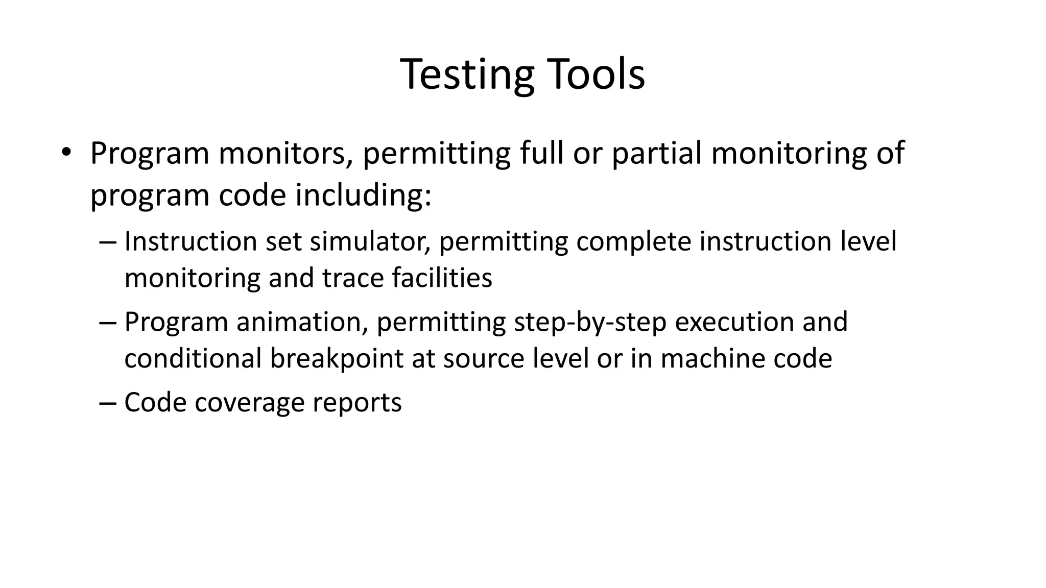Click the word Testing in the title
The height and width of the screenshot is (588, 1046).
tap(467, 75)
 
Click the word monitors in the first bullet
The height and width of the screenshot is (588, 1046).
tap(282, 153)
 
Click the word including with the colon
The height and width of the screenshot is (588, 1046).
tap(363, 195)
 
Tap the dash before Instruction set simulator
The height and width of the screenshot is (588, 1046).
tap(108, 241)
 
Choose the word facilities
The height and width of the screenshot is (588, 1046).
tap(442, 278)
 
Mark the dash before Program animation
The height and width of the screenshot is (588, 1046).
tap(108, 322)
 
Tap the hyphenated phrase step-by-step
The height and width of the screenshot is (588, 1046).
tap(590, 322)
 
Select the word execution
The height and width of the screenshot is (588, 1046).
tap(733, 322)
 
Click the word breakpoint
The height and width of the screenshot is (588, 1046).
tap(337, 358)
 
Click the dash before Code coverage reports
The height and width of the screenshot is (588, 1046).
tap(108, 403)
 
